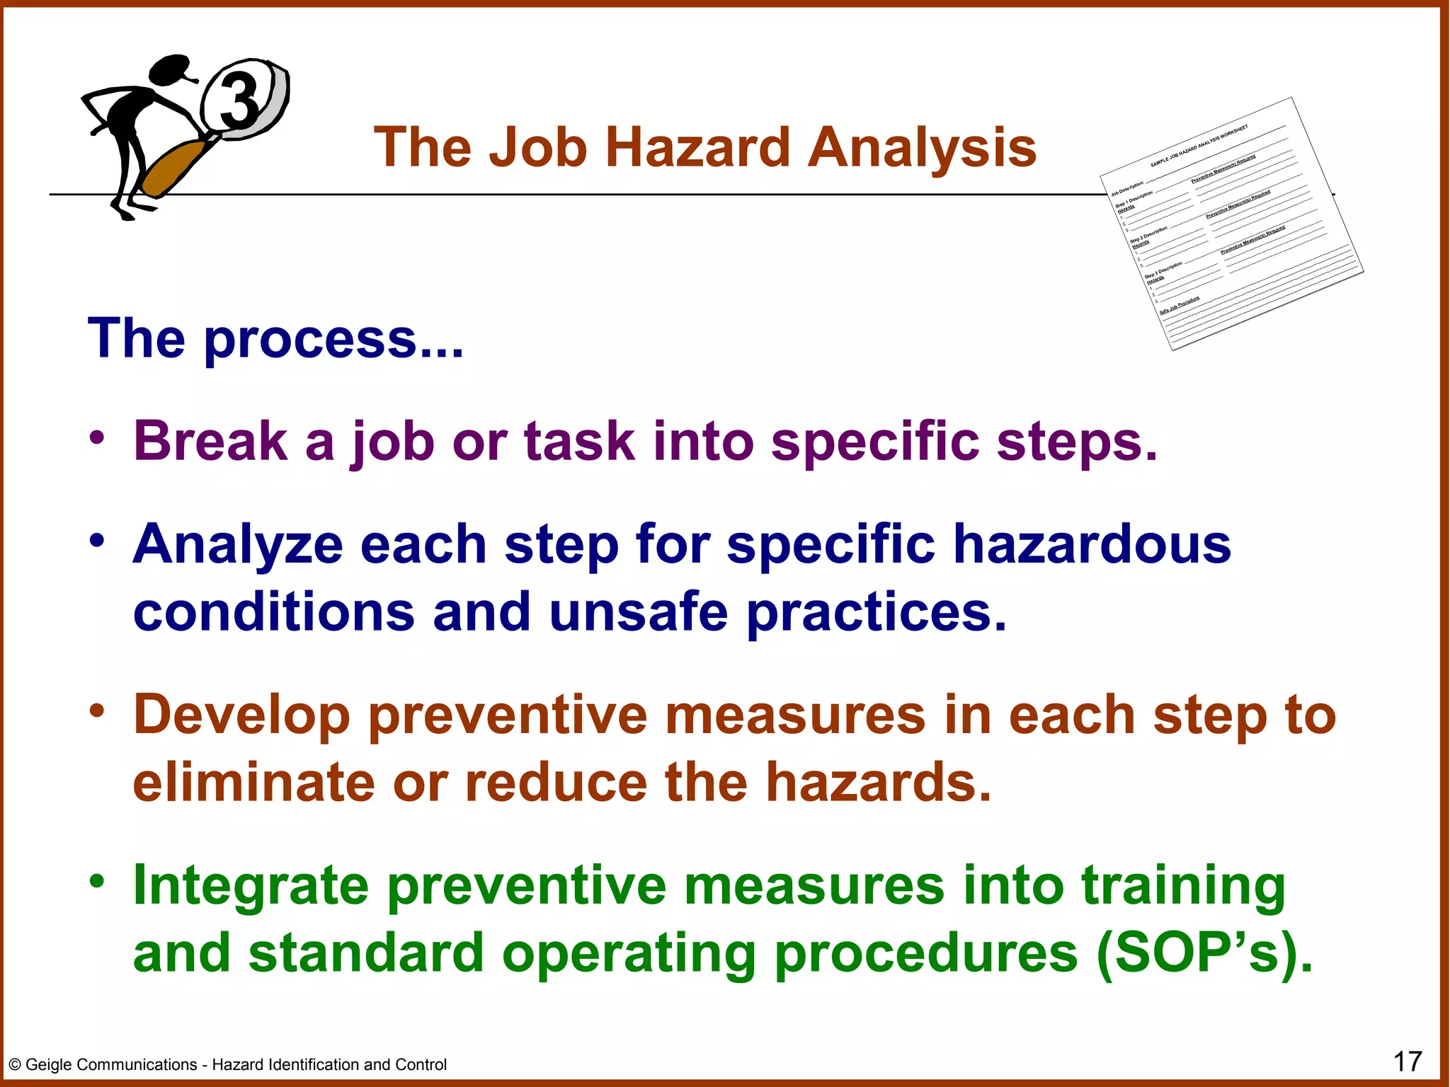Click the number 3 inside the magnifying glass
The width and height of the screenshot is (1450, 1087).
pyautogui.click(x=239, y=100)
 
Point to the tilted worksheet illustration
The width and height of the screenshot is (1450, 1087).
pyautogui.click(x=1232, y=224)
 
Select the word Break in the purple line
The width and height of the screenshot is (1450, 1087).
pyautogui.click(x=210, y=441)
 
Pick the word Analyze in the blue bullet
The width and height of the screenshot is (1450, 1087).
pyautogui.click(x=238, y=545)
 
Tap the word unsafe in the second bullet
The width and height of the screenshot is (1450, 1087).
pyautogui.click(x=638, y=611)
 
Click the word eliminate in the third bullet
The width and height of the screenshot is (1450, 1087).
pyautogui.click(x=253, y=783)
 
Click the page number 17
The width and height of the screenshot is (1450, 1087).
pyautogui.click(x=1408, y=1062)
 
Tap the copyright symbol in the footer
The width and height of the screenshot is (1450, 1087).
pyautogui.click(x=15, y=1065)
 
